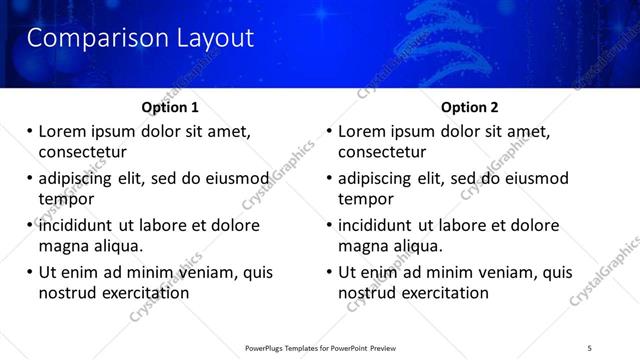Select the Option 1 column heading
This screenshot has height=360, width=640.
point(170,107)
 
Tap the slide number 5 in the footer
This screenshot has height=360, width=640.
point(590,347)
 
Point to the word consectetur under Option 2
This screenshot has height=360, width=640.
point(382,153)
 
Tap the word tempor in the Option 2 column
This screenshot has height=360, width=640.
point(366,200)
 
